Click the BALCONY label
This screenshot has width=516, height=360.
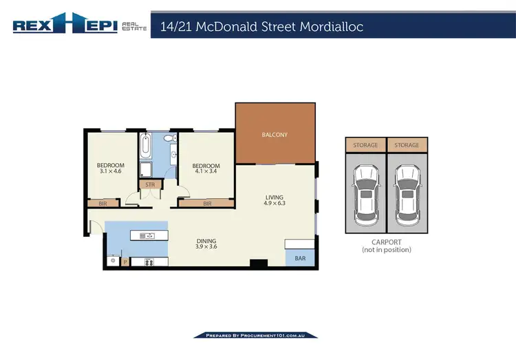click(275, 135)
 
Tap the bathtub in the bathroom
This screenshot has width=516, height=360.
click(146, 145)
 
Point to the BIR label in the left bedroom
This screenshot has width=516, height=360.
click(103, 204)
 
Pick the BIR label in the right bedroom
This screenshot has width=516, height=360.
click(207, 204)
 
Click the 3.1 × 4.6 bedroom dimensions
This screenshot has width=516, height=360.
click(110, 173)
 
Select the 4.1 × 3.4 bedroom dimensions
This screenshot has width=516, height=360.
click(206, 173)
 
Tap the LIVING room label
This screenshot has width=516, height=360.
click(275, 197)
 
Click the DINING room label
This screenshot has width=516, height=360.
click(206, 240)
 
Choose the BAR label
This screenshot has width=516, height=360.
click(300, 260)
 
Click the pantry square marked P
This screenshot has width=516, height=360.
click(125, 262)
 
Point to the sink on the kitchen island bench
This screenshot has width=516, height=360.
click(147, 236)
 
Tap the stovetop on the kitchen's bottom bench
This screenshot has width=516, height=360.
click(148, 262)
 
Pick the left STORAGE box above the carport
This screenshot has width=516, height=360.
click(365, 145)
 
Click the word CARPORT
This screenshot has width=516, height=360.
click(386, 242)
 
